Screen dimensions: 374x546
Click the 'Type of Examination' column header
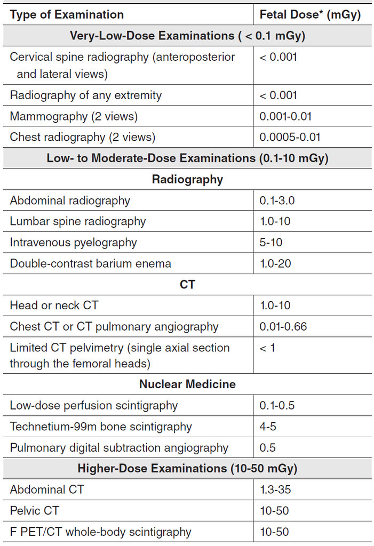click(67, 14)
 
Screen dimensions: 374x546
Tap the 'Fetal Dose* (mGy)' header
click(310, 14)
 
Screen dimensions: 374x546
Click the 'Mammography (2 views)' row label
click(74, 116)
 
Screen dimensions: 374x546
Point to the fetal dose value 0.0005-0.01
click(290, 137)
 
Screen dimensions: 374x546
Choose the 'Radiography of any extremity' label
click(86, 95)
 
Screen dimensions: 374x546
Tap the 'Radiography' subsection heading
click(187, 180)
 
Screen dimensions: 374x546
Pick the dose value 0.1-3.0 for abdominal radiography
click(277, 200)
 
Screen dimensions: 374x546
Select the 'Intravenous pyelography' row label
click(73, 243)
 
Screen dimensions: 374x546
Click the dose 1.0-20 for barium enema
click(275, 263)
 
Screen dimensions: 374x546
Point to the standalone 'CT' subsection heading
click(187, 285)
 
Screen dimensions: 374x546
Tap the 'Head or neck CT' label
click(54, 306)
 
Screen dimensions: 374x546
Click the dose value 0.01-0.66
click(283, 327)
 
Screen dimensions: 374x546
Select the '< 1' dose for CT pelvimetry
click(267, 348)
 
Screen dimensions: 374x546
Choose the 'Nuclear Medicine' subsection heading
click(187, 384)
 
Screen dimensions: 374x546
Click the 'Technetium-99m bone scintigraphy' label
click(101, 427)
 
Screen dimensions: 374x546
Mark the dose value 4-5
click(268, 427)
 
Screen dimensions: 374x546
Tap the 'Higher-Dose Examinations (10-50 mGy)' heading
click(187, 469)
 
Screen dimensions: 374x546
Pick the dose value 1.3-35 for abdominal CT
click(275, 489)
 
